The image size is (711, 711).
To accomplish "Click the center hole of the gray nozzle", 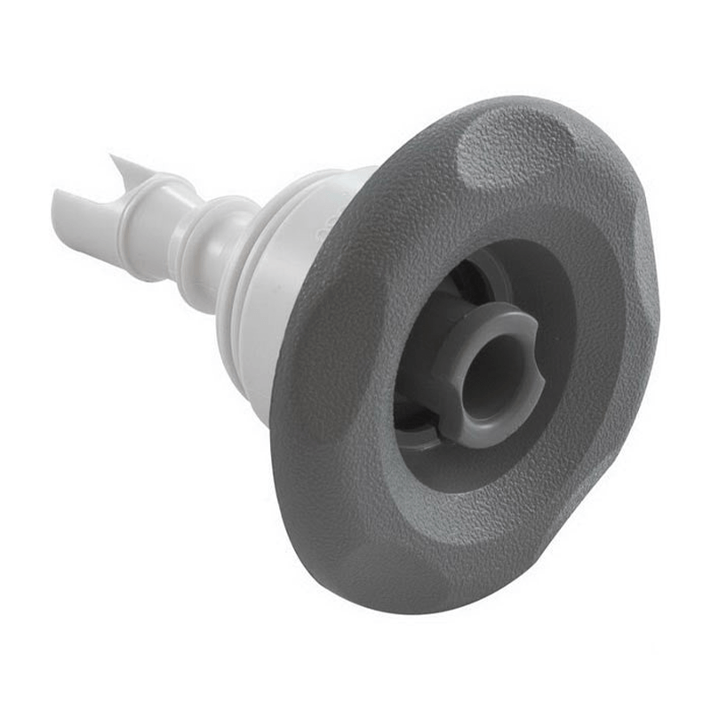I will coord(489,373).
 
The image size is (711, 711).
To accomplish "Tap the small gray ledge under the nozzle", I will coord(418,435).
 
